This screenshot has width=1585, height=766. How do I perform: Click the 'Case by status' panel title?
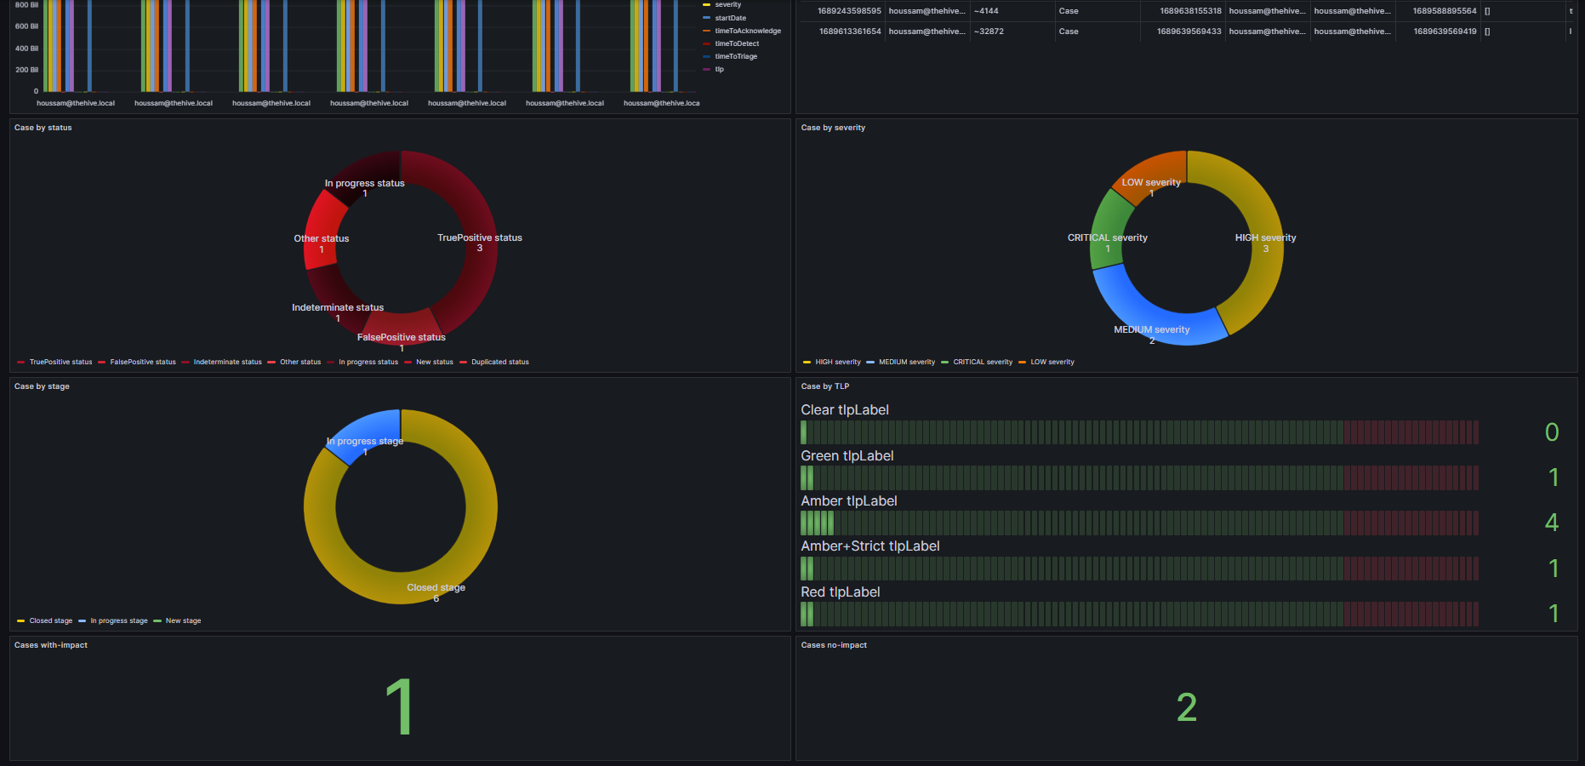(43, 128)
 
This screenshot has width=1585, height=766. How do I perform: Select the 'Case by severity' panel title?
(833, 128)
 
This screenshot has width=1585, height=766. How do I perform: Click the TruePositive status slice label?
(479, 238)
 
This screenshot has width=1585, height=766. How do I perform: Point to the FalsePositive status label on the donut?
(401, 338)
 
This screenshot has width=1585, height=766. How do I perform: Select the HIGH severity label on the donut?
(1265, 238)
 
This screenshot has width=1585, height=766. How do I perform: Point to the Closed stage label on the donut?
(436, 588)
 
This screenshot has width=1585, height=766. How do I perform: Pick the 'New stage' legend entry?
(183, 621)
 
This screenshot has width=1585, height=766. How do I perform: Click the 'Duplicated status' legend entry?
(499, 363)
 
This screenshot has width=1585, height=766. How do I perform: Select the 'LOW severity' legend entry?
(1052, 363)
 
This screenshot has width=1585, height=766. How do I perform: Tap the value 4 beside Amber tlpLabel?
(1551, 523)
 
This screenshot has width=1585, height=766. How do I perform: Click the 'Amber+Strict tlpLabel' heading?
(869, 546)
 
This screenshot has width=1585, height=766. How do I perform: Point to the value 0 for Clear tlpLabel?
(1551, 432)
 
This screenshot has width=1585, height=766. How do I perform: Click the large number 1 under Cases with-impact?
(399, 706)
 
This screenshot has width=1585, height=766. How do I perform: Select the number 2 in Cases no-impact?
(1186, 707)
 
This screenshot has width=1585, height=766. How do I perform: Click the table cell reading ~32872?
(989, 31)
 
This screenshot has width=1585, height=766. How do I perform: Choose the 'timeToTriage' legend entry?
(735, 56)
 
